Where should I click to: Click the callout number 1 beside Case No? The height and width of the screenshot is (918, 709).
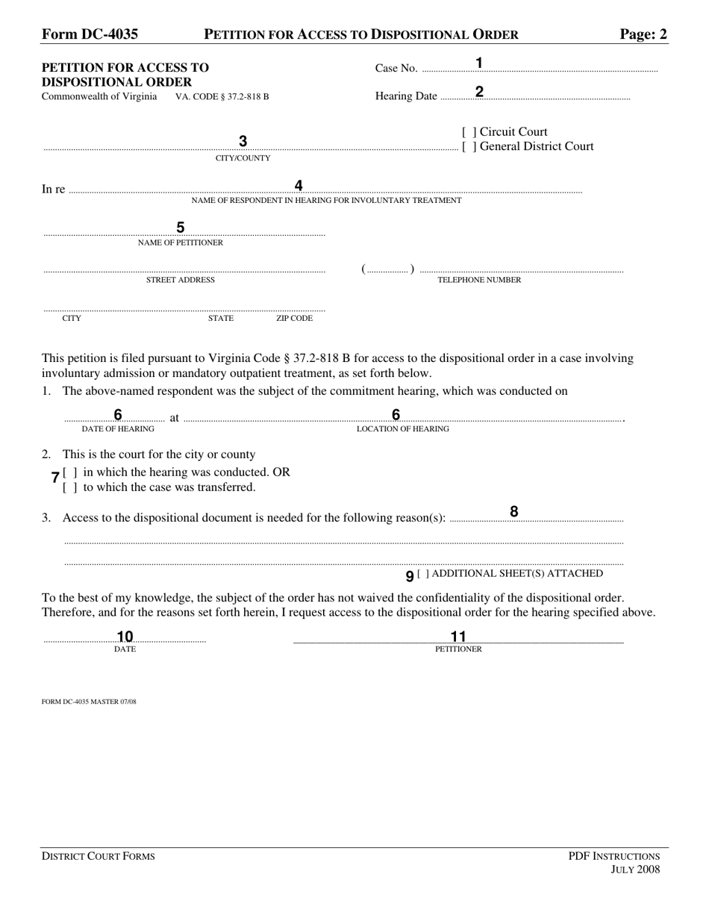[479, 63]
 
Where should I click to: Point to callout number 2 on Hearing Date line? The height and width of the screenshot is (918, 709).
[479, 92]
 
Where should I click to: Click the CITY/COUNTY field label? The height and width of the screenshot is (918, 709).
[243, 158]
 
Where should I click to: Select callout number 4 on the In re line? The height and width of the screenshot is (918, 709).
[299, 186]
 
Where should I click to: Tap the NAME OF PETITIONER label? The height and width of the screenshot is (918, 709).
[180, 243]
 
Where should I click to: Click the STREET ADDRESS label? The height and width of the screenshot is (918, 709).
[180, 280]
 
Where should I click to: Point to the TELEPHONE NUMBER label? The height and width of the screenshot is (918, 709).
[479, 280]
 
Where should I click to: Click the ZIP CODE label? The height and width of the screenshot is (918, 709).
[294, 318]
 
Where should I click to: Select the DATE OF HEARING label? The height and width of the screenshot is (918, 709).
[118, 429]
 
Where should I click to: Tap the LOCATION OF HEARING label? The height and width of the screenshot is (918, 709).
[403, 429]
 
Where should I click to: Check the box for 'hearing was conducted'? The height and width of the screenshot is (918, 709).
[70, 472]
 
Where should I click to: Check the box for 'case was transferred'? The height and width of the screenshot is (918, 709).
[70, 487]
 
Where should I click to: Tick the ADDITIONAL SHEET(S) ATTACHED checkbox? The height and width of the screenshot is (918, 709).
[423, 574]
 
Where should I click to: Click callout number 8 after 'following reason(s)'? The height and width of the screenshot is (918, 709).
[513, 511]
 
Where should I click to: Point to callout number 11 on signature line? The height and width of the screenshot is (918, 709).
[458, 636]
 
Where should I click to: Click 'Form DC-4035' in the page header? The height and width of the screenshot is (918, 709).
[90, 34]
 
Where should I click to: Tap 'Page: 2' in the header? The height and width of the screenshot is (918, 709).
[643, 34]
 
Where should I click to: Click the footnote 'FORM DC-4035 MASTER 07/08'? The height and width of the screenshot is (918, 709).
[89, 702]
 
